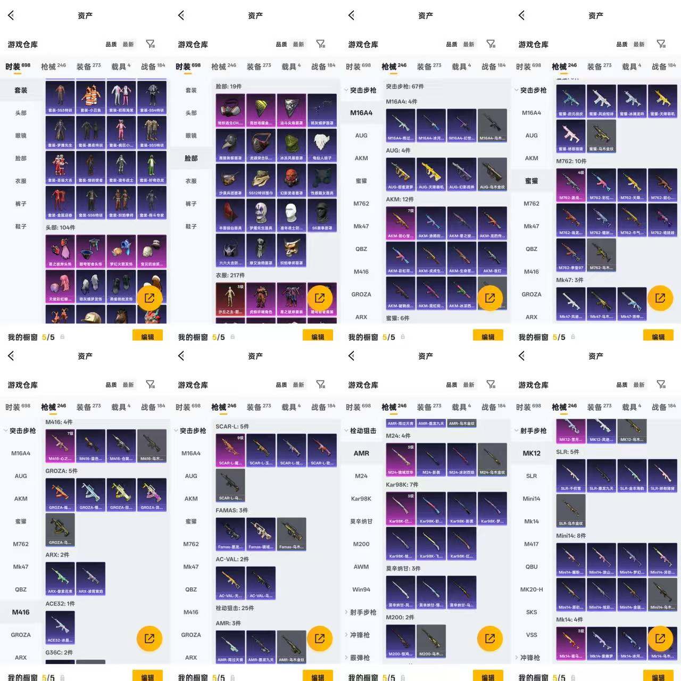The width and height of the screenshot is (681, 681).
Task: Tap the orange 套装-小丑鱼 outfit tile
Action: [90, 96]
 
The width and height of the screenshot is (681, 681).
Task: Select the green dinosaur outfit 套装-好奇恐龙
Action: [152, 167]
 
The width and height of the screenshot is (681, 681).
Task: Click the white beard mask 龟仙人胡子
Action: [322, 145]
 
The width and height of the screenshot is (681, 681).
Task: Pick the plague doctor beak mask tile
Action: [230, 145]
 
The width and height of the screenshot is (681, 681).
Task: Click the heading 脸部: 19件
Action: [229, 86]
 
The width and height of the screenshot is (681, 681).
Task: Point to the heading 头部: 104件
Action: [60, 228]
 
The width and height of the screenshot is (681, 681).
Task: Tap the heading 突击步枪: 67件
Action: [405, 86]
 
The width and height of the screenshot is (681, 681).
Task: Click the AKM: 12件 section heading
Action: [400, 200]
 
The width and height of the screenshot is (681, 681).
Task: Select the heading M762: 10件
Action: [571, 161]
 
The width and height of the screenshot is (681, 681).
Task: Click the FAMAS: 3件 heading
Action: [231, 510]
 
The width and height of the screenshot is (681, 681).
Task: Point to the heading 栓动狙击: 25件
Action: [235, 608]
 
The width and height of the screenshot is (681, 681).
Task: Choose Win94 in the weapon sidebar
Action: [361, 589]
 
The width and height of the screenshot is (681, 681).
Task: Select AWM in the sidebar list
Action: [361, 567]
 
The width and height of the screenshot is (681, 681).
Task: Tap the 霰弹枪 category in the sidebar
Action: [360, 658]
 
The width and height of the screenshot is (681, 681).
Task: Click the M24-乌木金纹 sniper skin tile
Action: [492, 458]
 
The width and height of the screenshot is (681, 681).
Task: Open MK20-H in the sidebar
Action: [531, 589]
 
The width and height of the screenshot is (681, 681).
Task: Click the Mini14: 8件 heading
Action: [571, 536]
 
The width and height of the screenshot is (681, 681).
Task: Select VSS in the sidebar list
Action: [531, 635]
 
